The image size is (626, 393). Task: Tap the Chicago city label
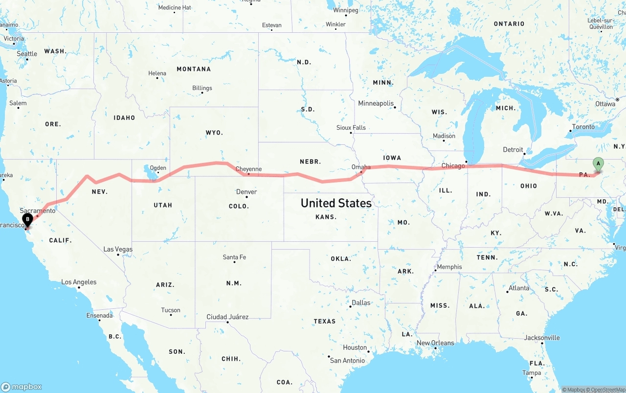point(453,166)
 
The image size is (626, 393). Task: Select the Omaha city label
point(361,167)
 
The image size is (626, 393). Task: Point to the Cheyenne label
point(248,169)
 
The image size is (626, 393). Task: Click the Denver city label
point(246,192)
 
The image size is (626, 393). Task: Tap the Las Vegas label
point(118,249)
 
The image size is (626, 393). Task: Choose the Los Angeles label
point(79,282)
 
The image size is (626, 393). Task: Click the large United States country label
point(336,203)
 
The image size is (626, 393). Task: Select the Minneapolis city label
point(376,103)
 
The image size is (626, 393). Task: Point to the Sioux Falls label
point(351,128)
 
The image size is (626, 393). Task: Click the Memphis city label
point(449,267)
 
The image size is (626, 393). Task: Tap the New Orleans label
point(435,343)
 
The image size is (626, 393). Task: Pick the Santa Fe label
point(234,257)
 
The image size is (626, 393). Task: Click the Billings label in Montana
point(202,88)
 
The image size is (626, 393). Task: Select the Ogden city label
point(157,167)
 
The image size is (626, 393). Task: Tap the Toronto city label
point(583,127)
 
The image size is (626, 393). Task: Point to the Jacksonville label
point(542,338)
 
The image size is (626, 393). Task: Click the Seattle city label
point(27,54)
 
